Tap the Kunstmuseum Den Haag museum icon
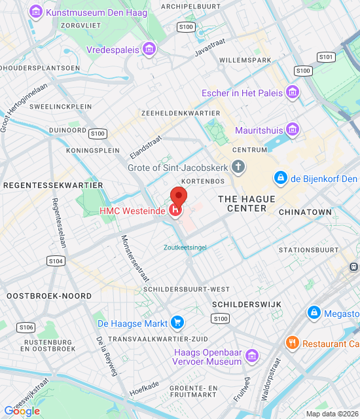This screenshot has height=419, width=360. click(36, 12)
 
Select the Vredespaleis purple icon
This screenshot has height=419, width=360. click(150, 49)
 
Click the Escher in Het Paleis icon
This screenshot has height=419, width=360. click(293, 92)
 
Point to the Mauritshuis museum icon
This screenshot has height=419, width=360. click(293, 129)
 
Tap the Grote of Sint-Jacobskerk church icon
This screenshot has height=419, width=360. click(238, 167)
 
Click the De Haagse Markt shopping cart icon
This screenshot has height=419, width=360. click(176, 323)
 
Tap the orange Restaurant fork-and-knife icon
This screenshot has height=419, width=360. click(292, 342)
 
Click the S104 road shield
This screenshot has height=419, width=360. click(56, 261)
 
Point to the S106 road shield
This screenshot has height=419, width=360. click(26, 327)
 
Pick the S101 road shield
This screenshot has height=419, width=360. click(327, 58)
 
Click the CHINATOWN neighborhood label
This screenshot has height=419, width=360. click(305, 212)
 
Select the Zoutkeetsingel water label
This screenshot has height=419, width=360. click(185, 247)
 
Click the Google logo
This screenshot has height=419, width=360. click(22, 410)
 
